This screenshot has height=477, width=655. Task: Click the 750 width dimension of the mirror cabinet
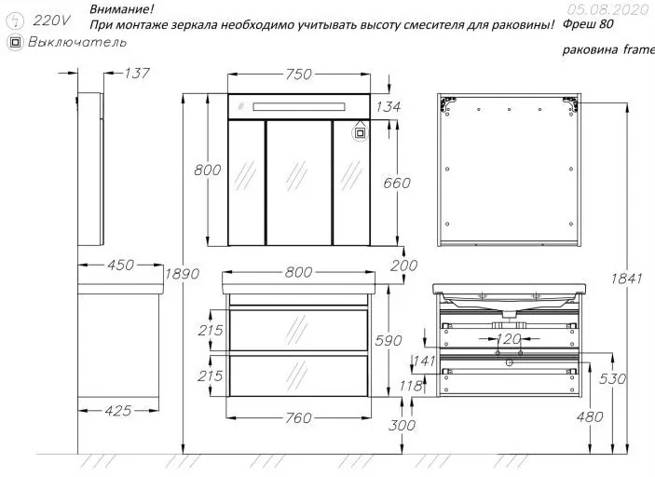(x=298, y=75)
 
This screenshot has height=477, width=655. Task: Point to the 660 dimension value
(x=396, y=184)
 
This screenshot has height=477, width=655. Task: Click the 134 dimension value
(x=388, y=107)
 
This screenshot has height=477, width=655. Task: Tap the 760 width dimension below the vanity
(x=297, y=418)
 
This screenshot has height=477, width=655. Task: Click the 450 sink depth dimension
(x=121, y=266)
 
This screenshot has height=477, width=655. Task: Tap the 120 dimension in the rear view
(x=509, y=339)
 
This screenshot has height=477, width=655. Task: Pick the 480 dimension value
(x=590, y=416)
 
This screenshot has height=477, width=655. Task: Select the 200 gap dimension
(x=403, y=266)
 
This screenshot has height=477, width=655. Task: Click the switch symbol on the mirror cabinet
(x=360, y=131)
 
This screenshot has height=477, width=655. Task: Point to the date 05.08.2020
(x=605, y=8)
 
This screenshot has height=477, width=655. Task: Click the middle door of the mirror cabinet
(x=299, y=184)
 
